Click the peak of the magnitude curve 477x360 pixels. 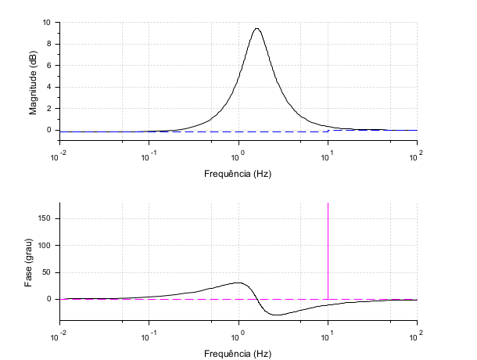click(x=256, y=29)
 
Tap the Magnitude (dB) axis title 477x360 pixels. click(x=33, y=82)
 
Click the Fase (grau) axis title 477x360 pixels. click(x=29, y=263)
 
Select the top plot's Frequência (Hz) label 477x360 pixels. click(x=238, y=172)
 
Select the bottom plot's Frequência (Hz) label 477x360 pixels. click(x=238, y=353)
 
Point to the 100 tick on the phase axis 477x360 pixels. click(x=46, y=245)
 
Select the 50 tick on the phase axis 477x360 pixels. click(x=48, y=272)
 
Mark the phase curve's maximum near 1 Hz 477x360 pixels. click(x=238, y=283)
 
